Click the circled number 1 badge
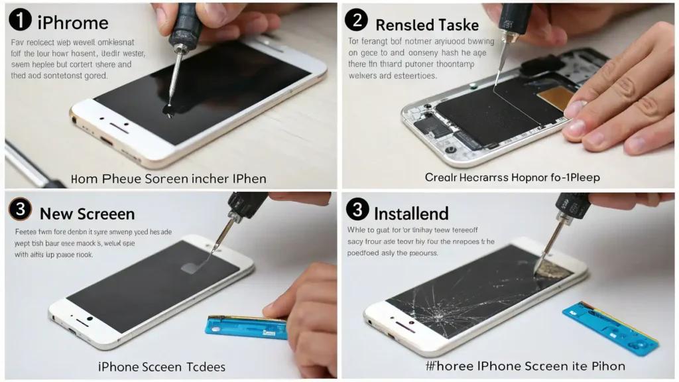tap(21, 21)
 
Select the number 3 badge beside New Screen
tap(21, 210)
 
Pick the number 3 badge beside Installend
tap(357, 210)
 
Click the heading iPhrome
tap(73, 23)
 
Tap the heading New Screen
tap(87, 214)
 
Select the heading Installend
tap(411, 214)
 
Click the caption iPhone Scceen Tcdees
tap(162, 366)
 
